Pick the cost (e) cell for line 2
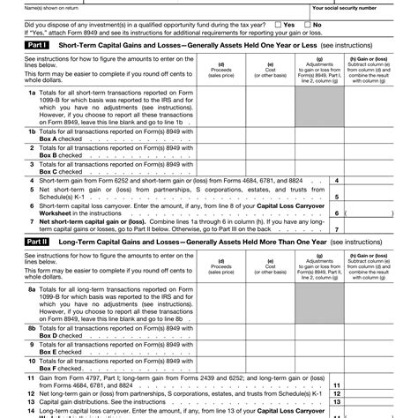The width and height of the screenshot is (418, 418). [269, 152]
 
